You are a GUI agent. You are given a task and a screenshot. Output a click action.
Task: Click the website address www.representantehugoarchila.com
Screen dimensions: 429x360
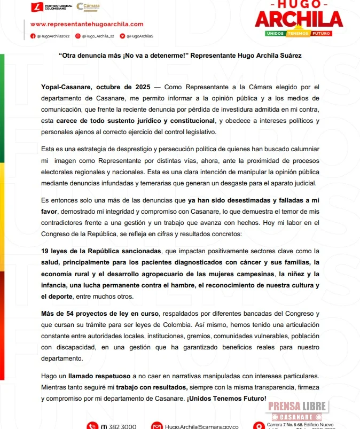click(87, 24)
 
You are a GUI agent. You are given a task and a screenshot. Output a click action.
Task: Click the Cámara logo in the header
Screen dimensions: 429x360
click(88, 7)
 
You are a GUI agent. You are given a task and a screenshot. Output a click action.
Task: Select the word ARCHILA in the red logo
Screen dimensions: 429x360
click(299, 20)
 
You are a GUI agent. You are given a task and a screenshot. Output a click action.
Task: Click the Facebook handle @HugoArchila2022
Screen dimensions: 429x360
click(50, 36)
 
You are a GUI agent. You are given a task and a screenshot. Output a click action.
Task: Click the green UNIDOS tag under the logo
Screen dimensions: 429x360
click(276, 33)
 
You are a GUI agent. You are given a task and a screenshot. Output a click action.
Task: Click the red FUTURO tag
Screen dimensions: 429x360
click(322, 33)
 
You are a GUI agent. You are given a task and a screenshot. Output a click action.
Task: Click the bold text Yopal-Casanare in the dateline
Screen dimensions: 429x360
click(65, 87)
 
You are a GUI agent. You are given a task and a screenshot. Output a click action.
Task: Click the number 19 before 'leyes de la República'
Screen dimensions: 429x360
click(46, 251)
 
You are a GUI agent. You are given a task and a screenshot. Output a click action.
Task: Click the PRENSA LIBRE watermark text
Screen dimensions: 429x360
click(297, 406)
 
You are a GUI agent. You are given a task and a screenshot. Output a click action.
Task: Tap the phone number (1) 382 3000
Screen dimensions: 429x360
click(119, 426)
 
